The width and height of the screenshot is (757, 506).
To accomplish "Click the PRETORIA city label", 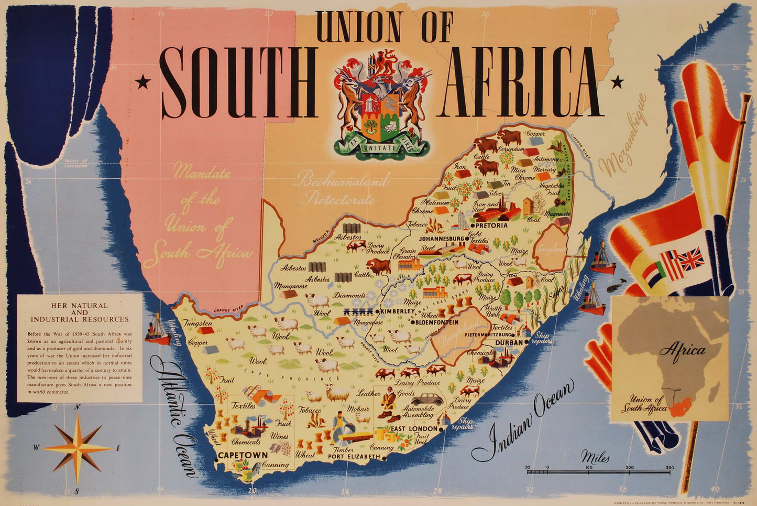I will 491,225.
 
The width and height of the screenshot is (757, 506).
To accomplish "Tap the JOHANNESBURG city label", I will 441,239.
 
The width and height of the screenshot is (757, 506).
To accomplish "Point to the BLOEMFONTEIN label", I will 437,322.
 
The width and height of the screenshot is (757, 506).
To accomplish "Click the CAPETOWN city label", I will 243,455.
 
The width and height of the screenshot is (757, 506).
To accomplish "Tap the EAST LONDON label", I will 413,429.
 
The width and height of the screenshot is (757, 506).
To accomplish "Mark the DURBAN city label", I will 509,342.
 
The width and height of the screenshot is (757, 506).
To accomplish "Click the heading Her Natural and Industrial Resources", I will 80,312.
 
